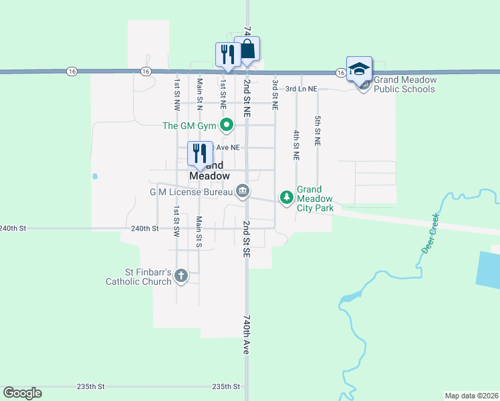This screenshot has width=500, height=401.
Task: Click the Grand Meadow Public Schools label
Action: click(405, 84)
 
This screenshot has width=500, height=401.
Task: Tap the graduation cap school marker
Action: click(359, 70)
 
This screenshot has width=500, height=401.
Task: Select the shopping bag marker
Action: click(247, 49)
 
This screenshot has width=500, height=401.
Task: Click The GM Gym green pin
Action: click(227, 124)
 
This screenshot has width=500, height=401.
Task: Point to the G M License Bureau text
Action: click(190, 192)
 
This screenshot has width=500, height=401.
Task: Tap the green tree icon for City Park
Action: click(286, 197)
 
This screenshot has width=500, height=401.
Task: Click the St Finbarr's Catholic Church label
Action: click(138, 277)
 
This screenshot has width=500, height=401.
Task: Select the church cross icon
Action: click(180, 275)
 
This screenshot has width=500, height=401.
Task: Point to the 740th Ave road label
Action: click(246, 336)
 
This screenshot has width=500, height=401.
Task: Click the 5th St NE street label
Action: click(318, 130)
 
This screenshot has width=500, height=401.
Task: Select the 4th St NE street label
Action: click(295, 145)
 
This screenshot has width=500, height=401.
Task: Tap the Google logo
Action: click(22, 393)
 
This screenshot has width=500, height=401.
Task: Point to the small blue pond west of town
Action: click(95, 177)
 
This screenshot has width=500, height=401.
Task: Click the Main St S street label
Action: click(199, 231)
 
